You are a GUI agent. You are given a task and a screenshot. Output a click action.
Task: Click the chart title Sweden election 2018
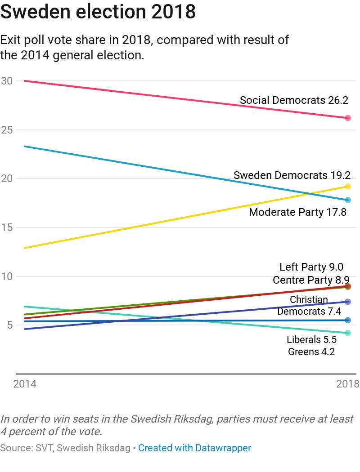tap(98, 12)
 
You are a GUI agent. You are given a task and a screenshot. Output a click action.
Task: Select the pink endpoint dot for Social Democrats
tap(347, 118)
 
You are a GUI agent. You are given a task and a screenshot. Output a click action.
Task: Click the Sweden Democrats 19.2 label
tap(292, 175)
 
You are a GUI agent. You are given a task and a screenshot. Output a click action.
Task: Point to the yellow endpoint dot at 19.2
tap(347, 187)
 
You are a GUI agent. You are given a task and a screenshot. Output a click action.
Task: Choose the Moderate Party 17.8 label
tap(297, 212)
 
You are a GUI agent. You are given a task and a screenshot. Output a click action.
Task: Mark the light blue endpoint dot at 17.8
tap(347, 200)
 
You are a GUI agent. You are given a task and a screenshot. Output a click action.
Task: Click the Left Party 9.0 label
tap(311, 267)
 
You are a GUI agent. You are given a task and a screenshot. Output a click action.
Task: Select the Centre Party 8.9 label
tap(311, 281)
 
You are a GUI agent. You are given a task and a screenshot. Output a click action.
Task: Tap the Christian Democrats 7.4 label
tap(309, 306)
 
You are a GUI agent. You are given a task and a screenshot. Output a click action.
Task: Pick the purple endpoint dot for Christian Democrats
tap(347, 302)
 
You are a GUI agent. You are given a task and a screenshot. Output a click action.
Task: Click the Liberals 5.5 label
tap(311, 340)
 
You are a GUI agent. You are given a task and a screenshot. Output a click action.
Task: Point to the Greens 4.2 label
tap(311, 352)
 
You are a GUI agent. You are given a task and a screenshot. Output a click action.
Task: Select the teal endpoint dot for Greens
tap(347, 333)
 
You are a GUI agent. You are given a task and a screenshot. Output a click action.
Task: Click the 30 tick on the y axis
tap(7, 81)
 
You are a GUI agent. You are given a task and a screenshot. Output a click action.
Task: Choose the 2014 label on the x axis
tap(25, 384)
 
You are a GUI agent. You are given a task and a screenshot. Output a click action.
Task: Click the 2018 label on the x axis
tap(347, 384)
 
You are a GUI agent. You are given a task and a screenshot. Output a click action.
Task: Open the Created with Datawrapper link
tap(194, 448)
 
